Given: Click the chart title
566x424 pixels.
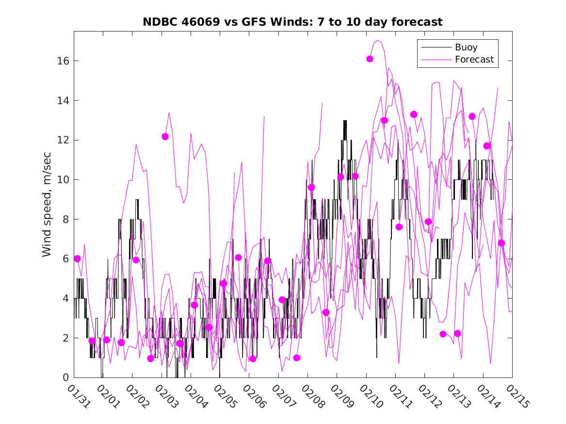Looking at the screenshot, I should click(292, 22).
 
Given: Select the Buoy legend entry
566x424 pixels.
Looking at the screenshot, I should click(466, 47).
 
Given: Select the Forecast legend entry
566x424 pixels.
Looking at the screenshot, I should click(474, 60).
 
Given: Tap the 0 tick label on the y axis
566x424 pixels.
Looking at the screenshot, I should click(65, 377).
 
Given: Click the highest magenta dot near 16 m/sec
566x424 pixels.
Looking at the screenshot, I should click(370, 59).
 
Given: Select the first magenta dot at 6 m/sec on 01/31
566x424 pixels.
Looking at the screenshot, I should click(77, 259).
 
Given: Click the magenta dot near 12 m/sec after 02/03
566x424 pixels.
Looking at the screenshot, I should click(165, 137).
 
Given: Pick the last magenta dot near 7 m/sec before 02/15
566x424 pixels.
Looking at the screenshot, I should click(501, 243).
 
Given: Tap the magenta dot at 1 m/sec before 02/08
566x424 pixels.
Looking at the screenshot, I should click(297, 358).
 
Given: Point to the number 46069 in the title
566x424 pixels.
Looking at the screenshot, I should click(190, 22).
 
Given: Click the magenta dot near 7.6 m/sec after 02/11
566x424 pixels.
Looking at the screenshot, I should click(399, 227).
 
